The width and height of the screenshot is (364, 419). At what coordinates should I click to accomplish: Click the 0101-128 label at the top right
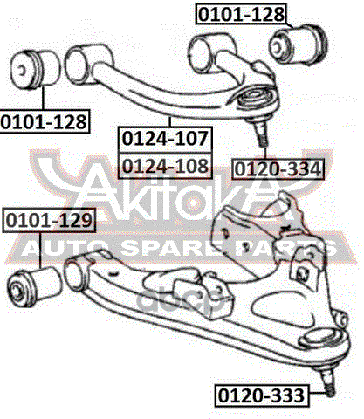(x=241, y=13)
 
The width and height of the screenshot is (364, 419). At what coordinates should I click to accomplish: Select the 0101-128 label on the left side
(x=44, y=121)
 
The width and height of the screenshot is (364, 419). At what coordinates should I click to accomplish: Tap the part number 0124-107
(x=165, y=139)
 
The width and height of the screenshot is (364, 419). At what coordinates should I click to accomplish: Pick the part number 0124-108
(x=165, y=165)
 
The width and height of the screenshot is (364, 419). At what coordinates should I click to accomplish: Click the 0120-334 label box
(x=278, y=169)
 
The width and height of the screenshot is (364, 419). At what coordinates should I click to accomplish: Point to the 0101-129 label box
(x=49, y=220)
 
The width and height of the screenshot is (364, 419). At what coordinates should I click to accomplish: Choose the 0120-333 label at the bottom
(x=261, y=395)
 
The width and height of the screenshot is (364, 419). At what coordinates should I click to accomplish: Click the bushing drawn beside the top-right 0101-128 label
(x=298, y=45)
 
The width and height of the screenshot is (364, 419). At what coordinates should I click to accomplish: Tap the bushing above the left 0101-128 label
(x=35, y=70)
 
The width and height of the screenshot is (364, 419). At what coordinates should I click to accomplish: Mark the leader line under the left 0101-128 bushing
(x=43, y=99)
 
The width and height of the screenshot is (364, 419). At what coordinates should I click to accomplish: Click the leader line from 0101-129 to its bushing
(x=40, y=250)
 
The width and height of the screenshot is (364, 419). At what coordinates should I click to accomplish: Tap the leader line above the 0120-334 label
(x=265, y=153)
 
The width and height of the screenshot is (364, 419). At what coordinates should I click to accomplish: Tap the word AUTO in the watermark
(x=62, y=248)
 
